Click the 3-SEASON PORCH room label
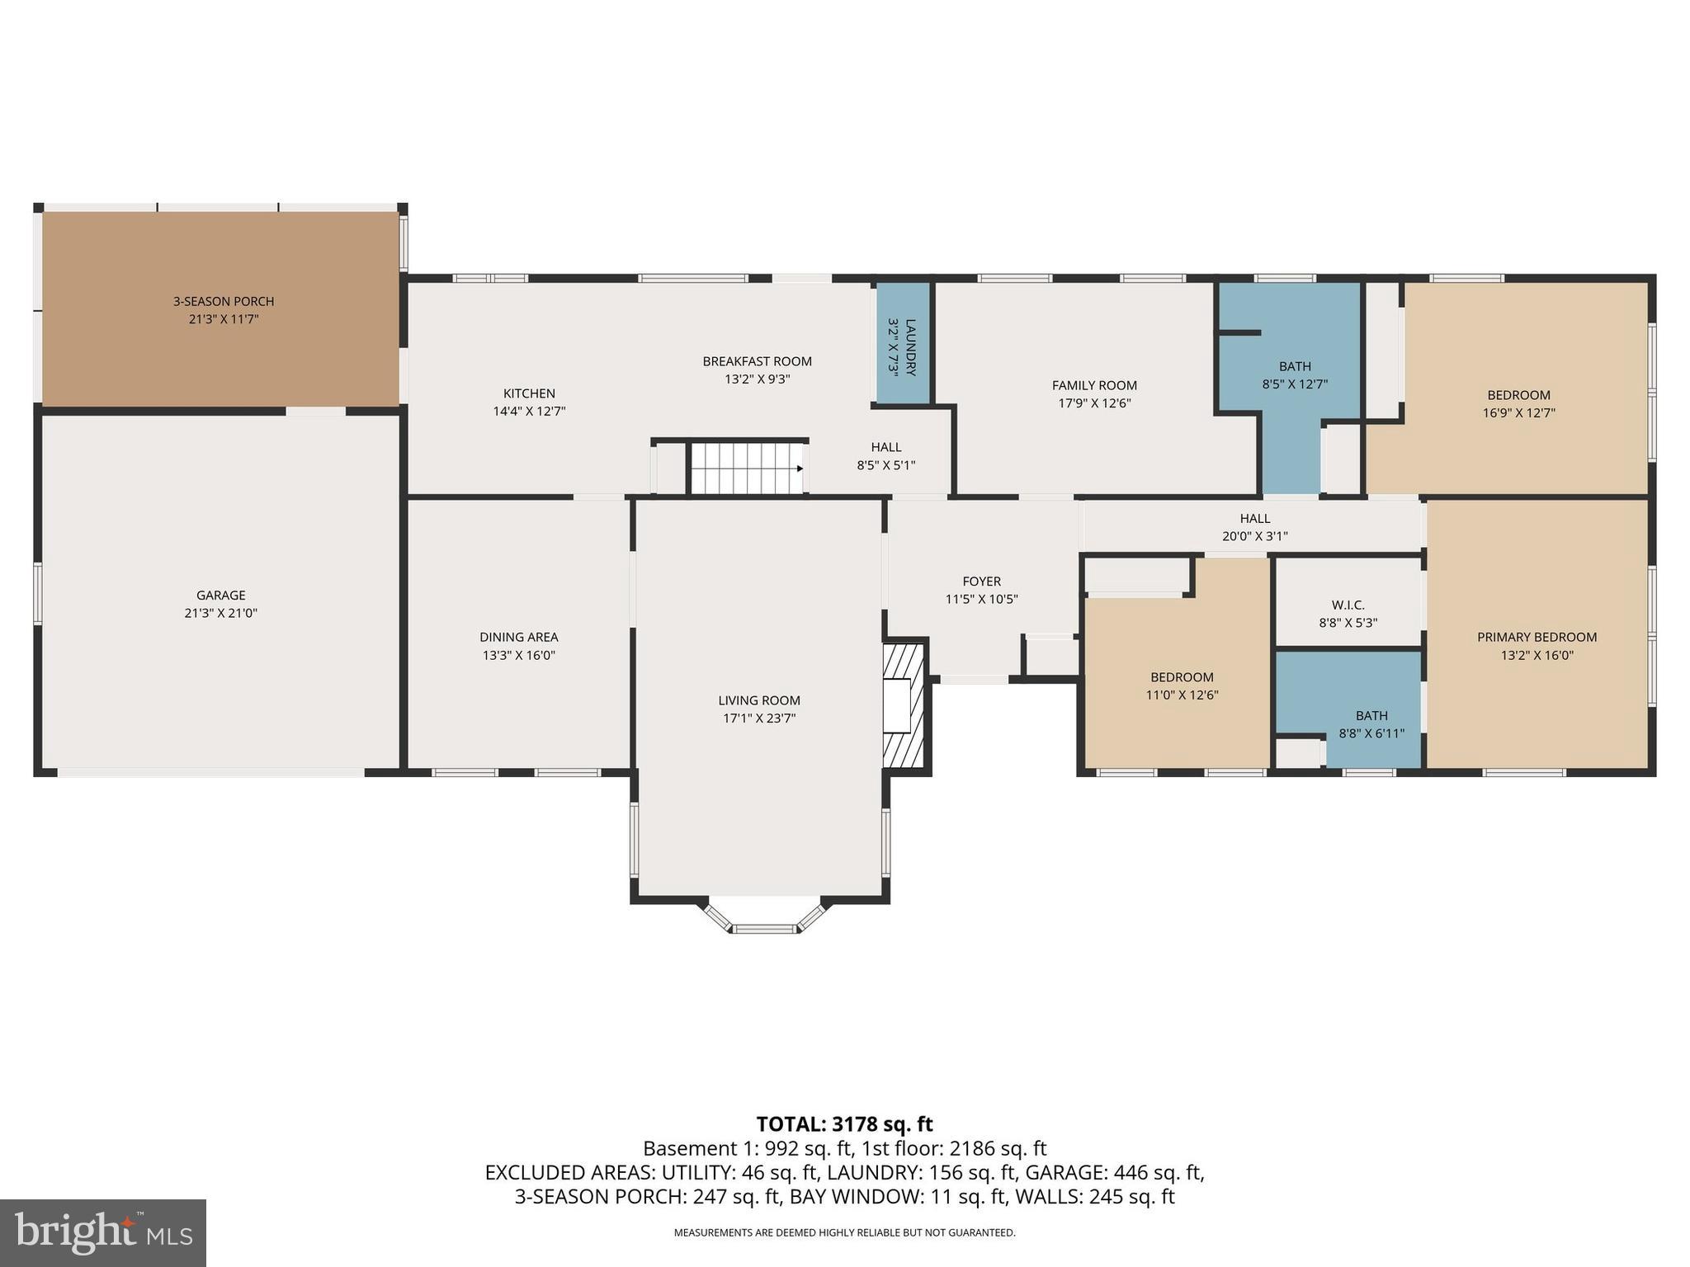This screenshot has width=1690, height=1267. pyautogui.click(x=223, y=302)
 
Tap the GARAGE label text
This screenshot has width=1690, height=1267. pyautogui.click(x=220, y=595)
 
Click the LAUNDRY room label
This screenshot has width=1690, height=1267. pyautogui.click(x=910, y=347)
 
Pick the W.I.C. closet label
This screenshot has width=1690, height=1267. pyautogui.click(x=1348, y=605)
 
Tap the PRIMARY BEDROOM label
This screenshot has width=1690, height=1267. pyautogui.click(x=1537, y=637)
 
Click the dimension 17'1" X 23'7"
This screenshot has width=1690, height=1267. pyautogui.click(x=758, y=718)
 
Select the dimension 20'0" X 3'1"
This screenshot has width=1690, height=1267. pyautogui.click(x=1254, y=536)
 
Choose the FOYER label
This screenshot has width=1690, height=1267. pyautogui.click(x=981, y=582)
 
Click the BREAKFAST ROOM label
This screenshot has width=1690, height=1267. pyautogui.click(x=757, y=361)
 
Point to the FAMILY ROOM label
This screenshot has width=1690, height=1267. pyautogui.click(x=1094, y=385)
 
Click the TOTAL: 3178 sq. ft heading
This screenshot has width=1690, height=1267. pyautogui.click(x=844, y=1124)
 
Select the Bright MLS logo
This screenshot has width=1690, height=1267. pyautogui.click(x=103, y=1233)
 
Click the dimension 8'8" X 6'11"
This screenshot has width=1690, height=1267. pyautogui.click(x=1371, y=733)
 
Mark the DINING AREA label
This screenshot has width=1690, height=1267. pyautogui.click(x=518, y=637)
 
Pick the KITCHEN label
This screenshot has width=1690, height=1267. pyautogui.click(x=529, y=393)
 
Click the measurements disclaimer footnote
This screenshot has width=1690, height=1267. pyautogui.click(x=844, y=1233)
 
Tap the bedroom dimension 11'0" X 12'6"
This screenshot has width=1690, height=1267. pyautogui.click(x=1182, y=695)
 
